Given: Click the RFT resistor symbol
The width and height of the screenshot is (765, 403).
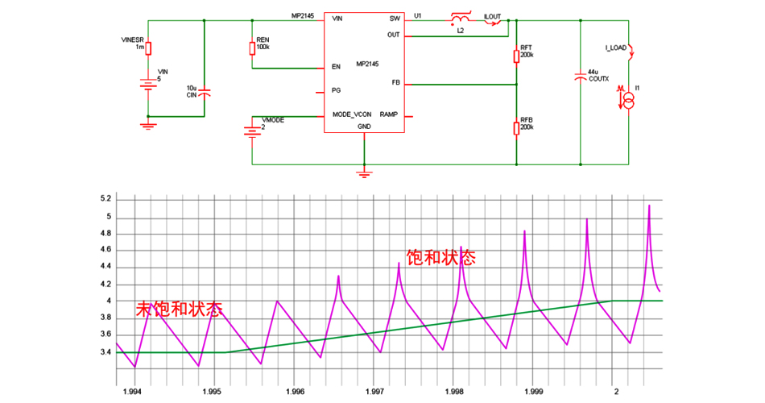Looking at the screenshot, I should (515, 56).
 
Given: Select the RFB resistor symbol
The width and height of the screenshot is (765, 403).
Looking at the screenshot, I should (515, 127).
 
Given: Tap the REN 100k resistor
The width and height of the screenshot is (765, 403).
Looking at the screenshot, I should (252, 49).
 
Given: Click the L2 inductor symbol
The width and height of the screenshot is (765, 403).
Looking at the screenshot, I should (461, 20).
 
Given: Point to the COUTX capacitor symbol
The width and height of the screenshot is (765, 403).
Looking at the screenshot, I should (581, 77).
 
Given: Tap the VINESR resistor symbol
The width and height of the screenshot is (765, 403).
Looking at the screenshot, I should (147, 48).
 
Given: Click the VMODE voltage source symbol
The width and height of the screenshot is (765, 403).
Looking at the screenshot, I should (252, 130).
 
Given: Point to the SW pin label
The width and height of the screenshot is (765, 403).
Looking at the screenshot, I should (395, 18).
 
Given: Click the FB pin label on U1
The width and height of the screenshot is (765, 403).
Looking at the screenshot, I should (395, 83).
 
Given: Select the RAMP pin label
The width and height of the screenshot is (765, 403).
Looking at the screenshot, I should (389, 114).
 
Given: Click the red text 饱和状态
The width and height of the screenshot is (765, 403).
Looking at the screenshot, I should (440, 258).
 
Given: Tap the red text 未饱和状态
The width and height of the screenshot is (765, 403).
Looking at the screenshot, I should (179, 309).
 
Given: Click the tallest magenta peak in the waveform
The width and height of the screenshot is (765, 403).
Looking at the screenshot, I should (649, 206).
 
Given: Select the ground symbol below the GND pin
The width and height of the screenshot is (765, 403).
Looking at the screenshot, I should (364, 172).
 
